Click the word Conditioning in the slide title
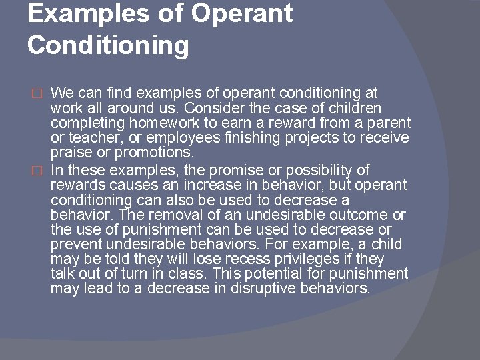[x=108, y=46]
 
